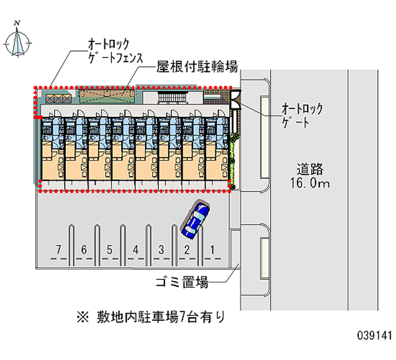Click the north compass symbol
pyautogui.click(x=18, y=42)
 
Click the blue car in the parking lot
pyautogui.click(x=195, y=218)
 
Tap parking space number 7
pyautogui.click(x=58, y=250)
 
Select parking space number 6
pyautogui.click(x=84, y=250)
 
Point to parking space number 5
pyautogui.click(x=110, y=250)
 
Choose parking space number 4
pyautogui.click(x=136, y=250)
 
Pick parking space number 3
pyautogui.click(x=161, y=250)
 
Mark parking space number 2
pyautogui.click(x=187, y=250)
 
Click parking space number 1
pyautogui.click(x=212, y=250)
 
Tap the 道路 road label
pyautogui.click(x=310, y=169)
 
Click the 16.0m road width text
pyautogui.click(x=310, y=184)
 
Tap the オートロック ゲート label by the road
pyautogui.click(x=302, y=115)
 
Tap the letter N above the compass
pyautogui.click(x=17, y=22)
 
